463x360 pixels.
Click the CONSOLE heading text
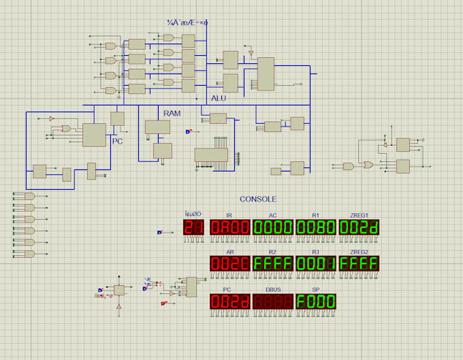pyautogui.click(x=258, y=199)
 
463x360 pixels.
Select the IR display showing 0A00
pyautogui.click(x=230, y=227)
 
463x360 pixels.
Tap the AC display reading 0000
pyautogui.click(x=273, y=227)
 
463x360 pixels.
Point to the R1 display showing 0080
pyautogui.click(x=316, y=227)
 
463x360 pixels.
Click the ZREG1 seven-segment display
pyautogui.click(x=359, y=227)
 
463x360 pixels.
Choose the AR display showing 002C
pyautogui.click(x=230, y=264)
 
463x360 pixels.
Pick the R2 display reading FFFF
pyautogui.click(x=273, y=264)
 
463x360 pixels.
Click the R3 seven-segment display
pyautogui.click(x=316, y=264)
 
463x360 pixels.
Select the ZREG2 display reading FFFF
pyautogui.click(x=359, y=264)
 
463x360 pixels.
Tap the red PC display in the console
pyautogui.click(x=230, y=301)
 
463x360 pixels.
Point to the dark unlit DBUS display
pyautogui.click(x=273, y=301)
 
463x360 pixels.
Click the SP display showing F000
pyautogui.click(x=316, y=301)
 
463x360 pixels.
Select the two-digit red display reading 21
pyautogui.click(x=193, y=227)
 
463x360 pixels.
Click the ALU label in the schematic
pyautogui.click(x=219, y=99)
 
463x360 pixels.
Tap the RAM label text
pyautogui.click(x=172, y=112)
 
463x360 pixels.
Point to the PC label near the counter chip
pyautogui.click(x=118, y=142)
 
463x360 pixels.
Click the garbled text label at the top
pyautogui.click(x=187, y=22)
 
